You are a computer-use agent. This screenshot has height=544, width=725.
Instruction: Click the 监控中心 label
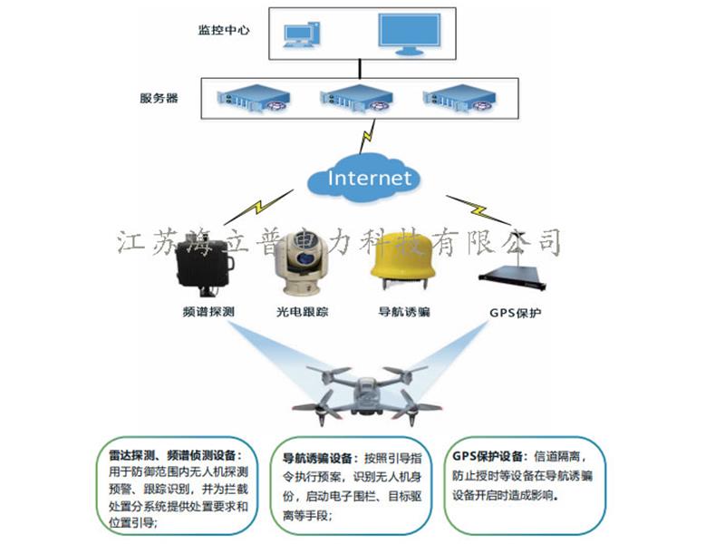click(x=223, y=29)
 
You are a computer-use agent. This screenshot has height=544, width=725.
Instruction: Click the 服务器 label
click(x=159, y=99)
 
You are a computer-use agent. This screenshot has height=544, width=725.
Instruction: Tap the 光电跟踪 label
click(x=302, y=313)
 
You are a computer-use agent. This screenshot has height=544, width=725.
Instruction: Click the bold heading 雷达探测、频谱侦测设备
click(x=169, y=456)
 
